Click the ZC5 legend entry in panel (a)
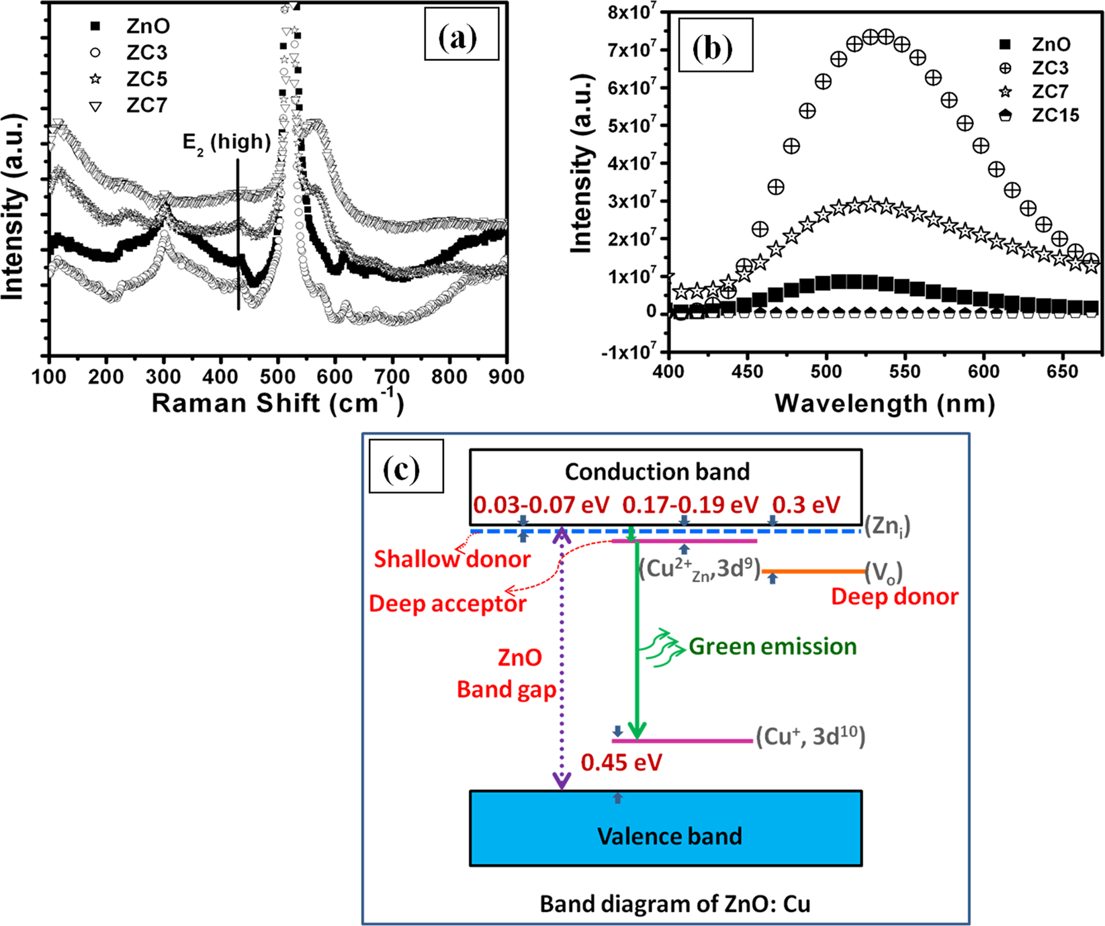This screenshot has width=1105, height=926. pyautogui.click(x=146, y=79)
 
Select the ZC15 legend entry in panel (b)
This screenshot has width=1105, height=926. pyautogui.click(x=1055, y=115)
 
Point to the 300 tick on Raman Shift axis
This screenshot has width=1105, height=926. pyautogui.click(x=164, y=377)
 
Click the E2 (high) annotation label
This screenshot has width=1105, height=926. pyautogui.click(x=226, y=143)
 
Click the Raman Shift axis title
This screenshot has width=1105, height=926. pyautogui.click(x=277, y=403)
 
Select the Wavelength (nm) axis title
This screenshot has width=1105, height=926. pyautogui.click(x=884, y=404)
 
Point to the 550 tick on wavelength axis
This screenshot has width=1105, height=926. pyautogui.click(x=905, y=372)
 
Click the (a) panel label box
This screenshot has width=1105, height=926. pyautogui.click(x=461, y=35)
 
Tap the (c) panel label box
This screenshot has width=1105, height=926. pyautogui.click(x=406, y=466)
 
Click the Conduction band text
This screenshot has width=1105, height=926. pyautogui.click(x=657, y=472)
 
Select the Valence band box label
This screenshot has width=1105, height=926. pyautogui.click(x=669, y=836)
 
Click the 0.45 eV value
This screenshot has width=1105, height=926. pyautogui.click(x=621, y=763)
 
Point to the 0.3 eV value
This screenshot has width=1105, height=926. pyautogui.click(x=806, y=505)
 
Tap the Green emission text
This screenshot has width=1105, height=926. pyautogui.click(x=772, y=647)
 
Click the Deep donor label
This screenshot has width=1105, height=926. pyautogui.click(x=894, y=596)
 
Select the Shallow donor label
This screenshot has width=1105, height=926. pyautogui.click(x=452, y=559)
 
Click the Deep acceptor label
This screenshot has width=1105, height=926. pyautogui.click(x=447, y=604)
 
